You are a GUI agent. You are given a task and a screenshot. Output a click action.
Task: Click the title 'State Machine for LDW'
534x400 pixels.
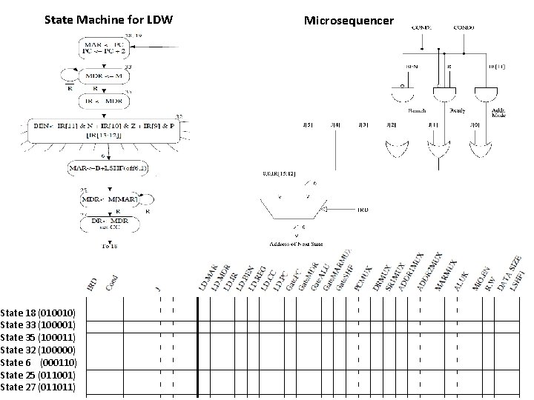(108, 19)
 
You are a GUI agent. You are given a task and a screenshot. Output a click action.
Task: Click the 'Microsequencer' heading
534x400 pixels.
(349, 20)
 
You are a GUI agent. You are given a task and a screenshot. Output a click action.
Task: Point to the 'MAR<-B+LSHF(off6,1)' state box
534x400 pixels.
(108, 169)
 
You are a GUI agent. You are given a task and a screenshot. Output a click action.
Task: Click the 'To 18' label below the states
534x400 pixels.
(109, 245)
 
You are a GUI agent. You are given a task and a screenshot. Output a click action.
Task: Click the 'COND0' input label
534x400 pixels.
(465, 28)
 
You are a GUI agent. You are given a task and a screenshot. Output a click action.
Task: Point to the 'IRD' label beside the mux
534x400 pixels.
(363, 210)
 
